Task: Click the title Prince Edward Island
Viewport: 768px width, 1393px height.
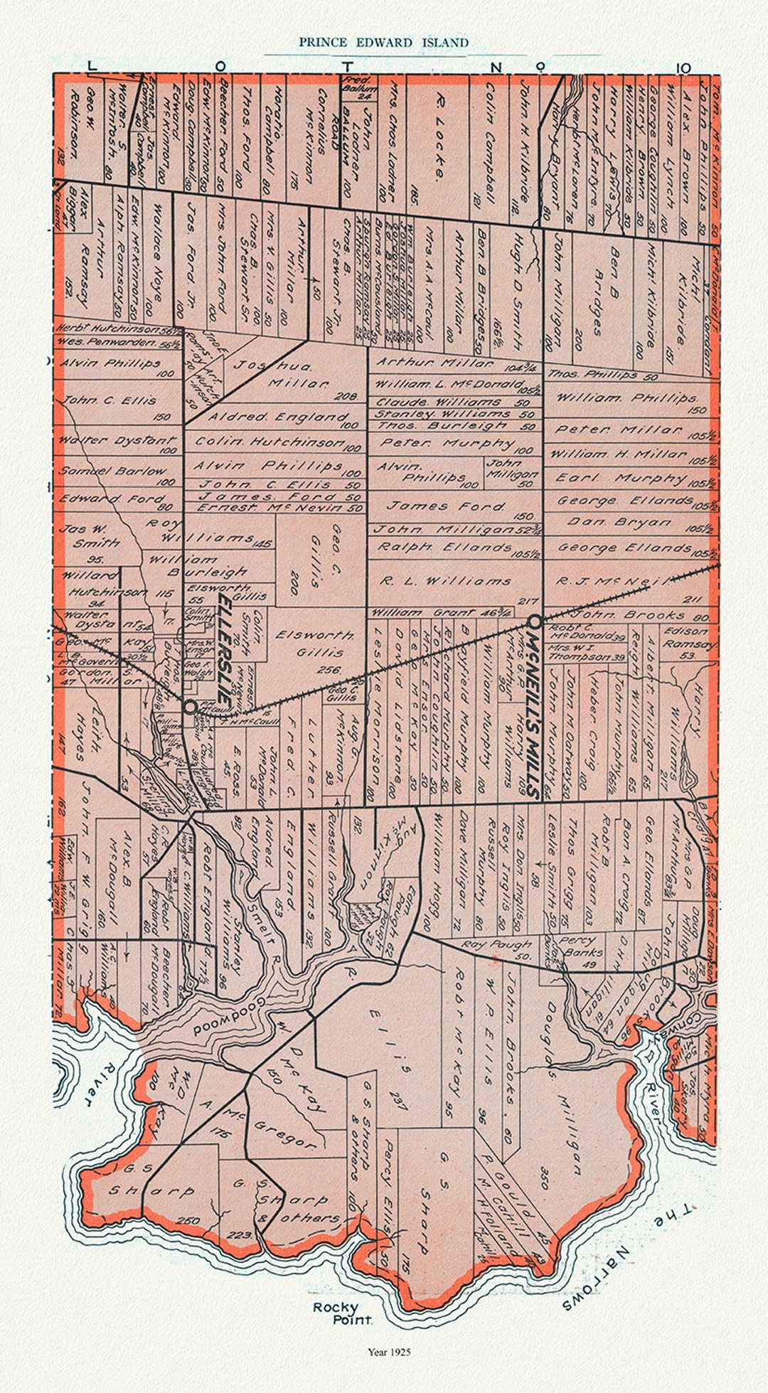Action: point(383,43)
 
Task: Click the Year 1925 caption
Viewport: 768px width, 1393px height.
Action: point(389,1352)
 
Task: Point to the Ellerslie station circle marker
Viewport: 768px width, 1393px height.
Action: point(190,707)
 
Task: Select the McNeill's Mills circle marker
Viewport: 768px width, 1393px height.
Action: point(535,621)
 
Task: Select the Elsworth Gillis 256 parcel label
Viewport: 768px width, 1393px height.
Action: point(314,643)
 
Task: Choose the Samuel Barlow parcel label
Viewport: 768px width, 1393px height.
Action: point(112,471)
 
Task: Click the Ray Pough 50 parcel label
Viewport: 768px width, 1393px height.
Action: point(496,946)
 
